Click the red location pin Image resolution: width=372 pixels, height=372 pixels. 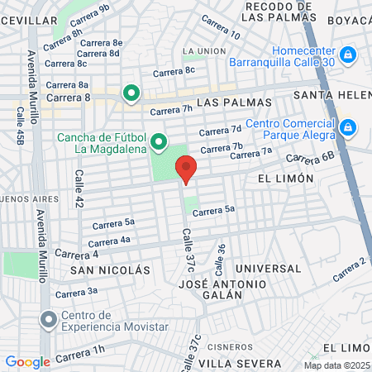tap(187, 169)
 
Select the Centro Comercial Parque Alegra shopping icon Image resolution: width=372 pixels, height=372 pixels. tap(348, 127)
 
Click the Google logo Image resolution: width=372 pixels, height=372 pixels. tap(27, 361)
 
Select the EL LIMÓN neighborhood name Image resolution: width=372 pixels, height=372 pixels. tap(286, 178)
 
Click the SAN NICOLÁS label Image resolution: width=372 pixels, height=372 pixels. tap(110, 270)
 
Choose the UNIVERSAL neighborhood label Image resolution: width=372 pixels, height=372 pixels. tap(268, 269)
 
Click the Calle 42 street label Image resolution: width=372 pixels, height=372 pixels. tap(80, 188)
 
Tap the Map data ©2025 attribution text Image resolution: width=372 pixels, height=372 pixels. tap(336, 365)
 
